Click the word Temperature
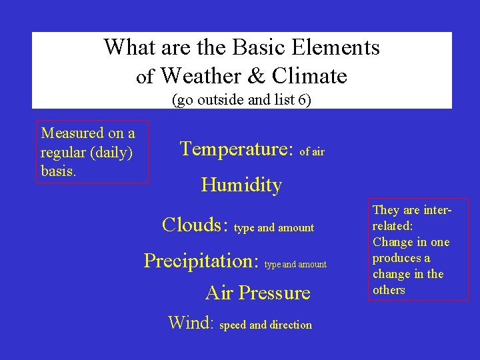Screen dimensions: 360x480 tap(237, 149)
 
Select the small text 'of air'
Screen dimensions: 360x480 tap(312, 152)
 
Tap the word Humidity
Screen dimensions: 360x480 tap(241, 185)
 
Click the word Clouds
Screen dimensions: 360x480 tap(196, 225)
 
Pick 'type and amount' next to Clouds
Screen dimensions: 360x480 tap(274, 228)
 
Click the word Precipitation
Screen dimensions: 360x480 tap(201, 260)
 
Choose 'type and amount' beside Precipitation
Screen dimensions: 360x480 tap(295, 265)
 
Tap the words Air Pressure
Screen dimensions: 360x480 tap(258, 293)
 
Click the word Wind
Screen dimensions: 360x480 tap(190, 323)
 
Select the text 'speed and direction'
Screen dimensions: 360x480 tap(265, 325)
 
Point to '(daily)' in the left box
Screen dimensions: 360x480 tap(110, 153)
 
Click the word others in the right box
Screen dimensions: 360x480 tap(389, 290)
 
